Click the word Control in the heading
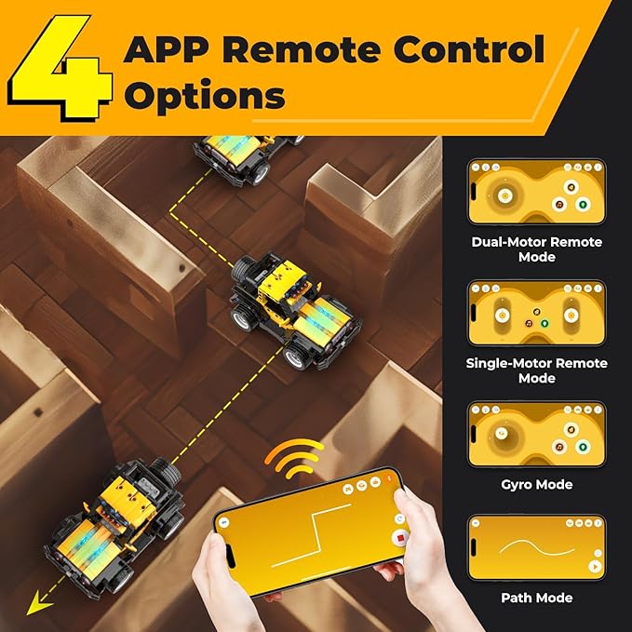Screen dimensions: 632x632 click(469, 49)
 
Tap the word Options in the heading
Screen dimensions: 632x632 click(205, 95)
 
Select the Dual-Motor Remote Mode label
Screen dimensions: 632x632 click(536, 249)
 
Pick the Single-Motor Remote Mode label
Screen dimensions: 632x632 click(536, 370)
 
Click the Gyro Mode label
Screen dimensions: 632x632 click(536, 484)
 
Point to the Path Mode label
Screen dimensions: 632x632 click(536, 598)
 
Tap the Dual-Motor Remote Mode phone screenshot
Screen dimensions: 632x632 click(536, 192)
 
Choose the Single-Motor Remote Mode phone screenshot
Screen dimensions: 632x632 click(536, 313)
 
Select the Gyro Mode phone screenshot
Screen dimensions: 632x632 click(536, 434)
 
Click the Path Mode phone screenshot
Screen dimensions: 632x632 click(536, 547)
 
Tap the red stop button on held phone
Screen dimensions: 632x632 click(400, 538)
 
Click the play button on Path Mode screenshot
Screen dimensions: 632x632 click(595, 566)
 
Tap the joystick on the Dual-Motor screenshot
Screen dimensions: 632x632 click(504, 195)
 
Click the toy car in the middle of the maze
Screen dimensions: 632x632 click(294, 310)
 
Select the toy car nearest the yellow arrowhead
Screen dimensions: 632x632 click(114, 528)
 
